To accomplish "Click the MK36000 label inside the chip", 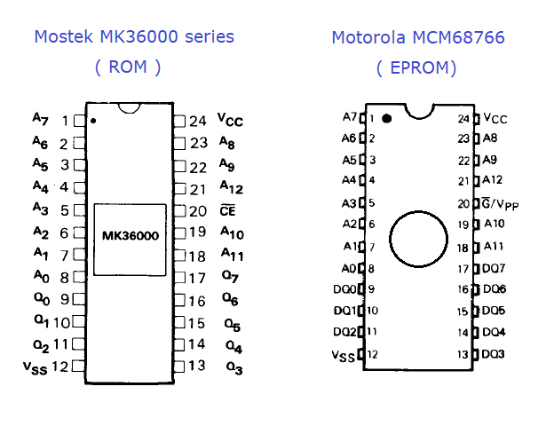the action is [x=131, y=235].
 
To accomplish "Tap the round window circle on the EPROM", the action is [x=419, y=211].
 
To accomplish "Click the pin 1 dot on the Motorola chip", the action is [x=387, y=119].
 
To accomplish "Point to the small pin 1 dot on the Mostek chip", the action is [x=93, y=121].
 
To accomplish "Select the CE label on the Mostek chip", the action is [x=227, y=210].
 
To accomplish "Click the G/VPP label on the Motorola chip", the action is [x=501, y=204].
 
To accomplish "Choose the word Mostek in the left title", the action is [x=64, y=36].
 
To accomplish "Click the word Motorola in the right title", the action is [x=368, y=37].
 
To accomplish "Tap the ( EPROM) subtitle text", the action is [x=416, y=67].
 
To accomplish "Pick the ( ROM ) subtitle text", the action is [x=128, y=67].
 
